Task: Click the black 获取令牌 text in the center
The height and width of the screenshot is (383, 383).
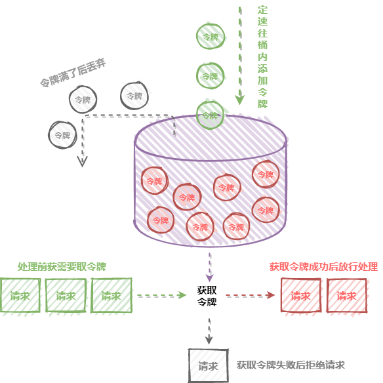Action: coord(207,296)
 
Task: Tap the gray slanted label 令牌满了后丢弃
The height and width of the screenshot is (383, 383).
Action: coord(73,73)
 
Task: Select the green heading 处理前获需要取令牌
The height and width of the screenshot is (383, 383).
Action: coord(62,267)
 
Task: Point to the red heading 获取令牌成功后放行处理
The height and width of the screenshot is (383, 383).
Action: coord(323,267)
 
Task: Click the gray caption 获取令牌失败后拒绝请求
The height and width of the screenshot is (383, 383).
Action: coord(291,365)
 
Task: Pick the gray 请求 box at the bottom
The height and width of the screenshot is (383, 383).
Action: coord(208,365)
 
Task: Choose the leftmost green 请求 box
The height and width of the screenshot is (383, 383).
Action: coord(20,296)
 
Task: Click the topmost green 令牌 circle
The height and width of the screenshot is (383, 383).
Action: coord(211,37)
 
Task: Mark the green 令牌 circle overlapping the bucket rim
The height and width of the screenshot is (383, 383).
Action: coord(210,115)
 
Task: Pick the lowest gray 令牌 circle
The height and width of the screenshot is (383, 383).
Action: coord(62,135)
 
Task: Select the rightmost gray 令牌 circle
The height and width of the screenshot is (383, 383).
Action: coord(134,96)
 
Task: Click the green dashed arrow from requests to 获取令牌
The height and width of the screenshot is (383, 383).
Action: coord(161,295)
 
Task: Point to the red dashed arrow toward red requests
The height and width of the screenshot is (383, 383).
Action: coord(250,295)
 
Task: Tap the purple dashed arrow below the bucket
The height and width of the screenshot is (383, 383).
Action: coord(210,267)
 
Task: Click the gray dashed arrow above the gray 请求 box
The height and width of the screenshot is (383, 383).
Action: coord(209,331)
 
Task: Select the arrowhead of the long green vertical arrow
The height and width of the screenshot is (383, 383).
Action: coord(240,100)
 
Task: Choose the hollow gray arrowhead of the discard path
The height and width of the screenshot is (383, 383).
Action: coord(83,161)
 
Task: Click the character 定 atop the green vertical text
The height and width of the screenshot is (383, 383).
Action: coord(262,10)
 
